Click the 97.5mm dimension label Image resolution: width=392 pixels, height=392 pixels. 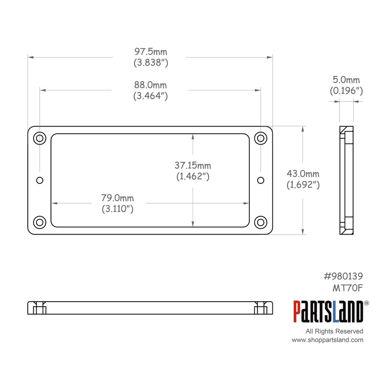pos(150,52)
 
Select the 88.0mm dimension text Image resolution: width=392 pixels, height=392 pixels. pos(150,85)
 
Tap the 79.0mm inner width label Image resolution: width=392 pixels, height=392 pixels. pos(117,198)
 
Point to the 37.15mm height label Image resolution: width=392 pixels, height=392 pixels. pos(193,165)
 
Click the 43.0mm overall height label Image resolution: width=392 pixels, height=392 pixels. pos(303,174)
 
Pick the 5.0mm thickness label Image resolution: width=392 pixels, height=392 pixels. pos(346,80)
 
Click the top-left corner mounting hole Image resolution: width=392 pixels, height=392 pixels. pos(40,138)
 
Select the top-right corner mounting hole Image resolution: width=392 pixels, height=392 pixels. pos(261,138)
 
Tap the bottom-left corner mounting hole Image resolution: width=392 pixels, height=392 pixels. pos(40,222)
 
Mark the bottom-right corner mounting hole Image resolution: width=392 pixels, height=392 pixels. pos(261,222)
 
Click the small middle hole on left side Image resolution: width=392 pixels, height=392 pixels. pos(40,180)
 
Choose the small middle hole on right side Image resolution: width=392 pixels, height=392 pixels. pos(261,180)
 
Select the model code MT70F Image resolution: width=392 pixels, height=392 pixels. pos(348,287)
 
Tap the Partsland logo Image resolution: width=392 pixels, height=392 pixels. pos(328,312)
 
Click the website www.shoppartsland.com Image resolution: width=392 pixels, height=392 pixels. pos(327,340)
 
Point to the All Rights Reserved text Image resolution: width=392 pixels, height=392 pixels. pos(334,331)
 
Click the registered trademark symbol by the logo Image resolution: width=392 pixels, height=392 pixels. pos(366,304)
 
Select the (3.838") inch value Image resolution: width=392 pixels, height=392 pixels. pos(150,63)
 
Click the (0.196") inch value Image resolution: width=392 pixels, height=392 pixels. pos(346,91)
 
